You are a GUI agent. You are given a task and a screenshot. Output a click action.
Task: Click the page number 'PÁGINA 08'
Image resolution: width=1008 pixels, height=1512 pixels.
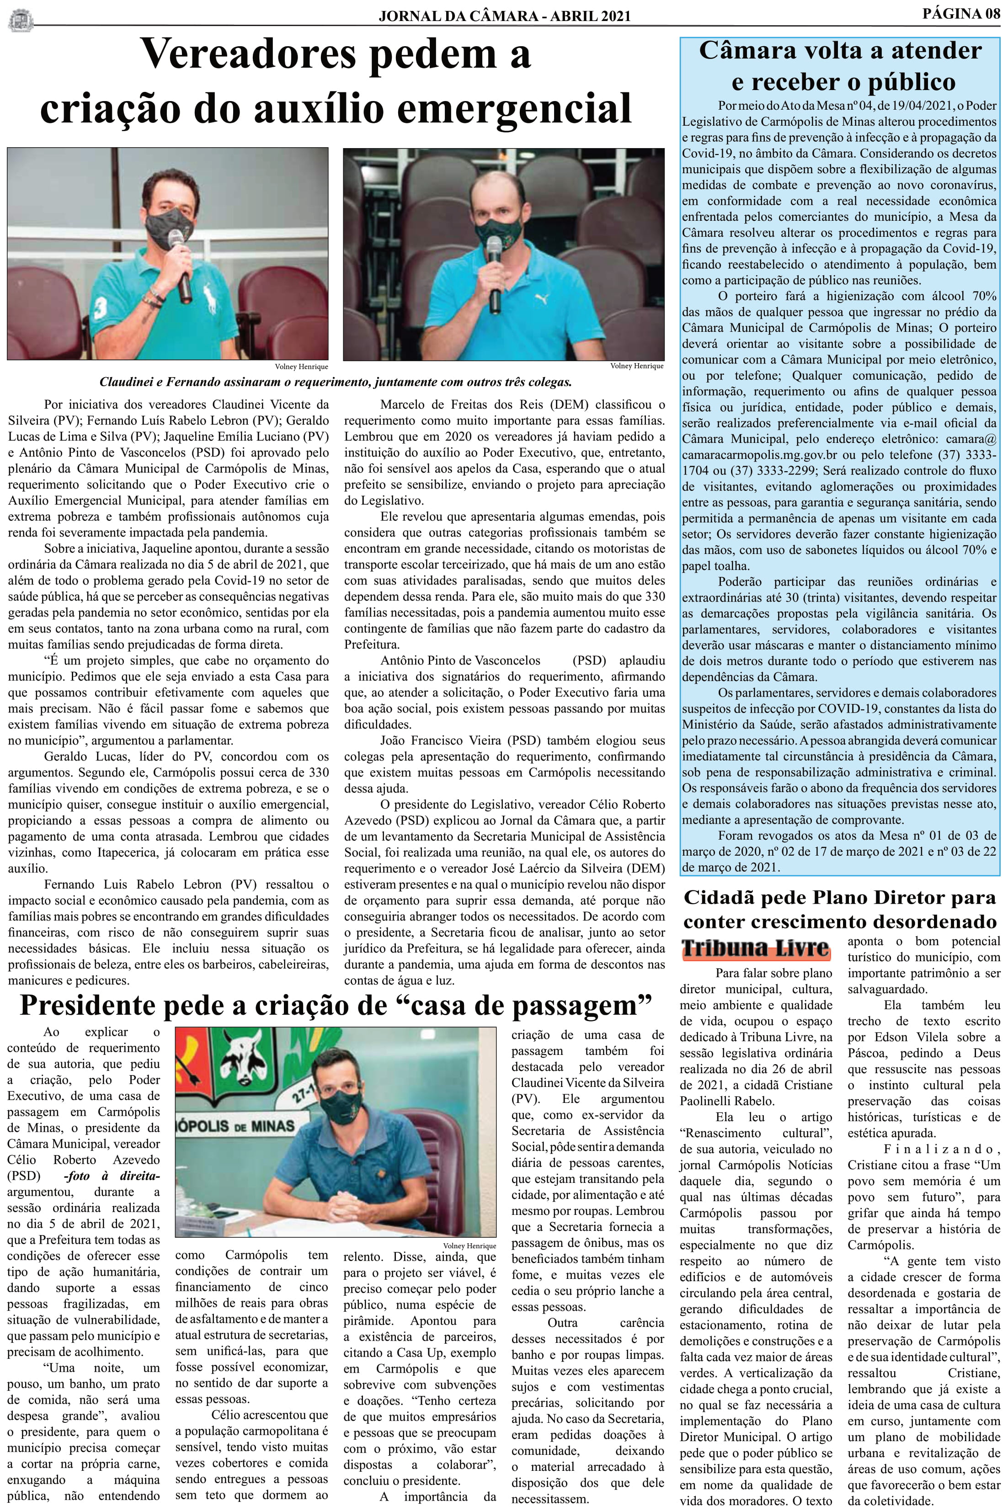pos(961,14)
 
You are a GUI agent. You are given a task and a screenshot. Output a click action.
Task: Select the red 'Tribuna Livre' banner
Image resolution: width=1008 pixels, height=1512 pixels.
pos(755,948)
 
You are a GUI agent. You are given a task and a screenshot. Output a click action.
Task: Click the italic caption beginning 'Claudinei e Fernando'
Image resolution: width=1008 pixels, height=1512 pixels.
pos(335,382)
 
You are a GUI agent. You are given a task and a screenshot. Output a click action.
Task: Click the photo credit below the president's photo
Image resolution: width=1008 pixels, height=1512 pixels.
pos(469,1246)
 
